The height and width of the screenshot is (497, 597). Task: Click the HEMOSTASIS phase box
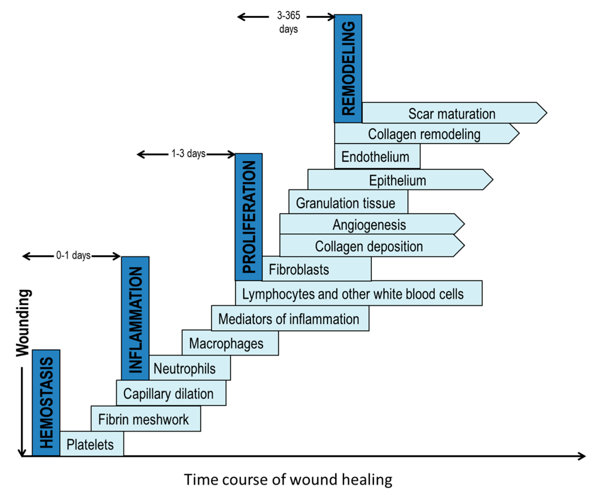pyautogui.click(x=46, y=402)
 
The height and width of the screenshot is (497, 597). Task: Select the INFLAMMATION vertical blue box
pyautogui.click(x=135, y=318)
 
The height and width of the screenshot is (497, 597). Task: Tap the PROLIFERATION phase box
pyautogui.click(x=249, y=217)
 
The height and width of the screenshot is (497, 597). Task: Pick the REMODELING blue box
pyautogui.click(x=348, y=68)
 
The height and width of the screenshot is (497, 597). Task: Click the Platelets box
pyautogui.click(x=91, y=444)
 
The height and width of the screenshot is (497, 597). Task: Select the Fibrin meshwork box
pyautogui.click(x=145, y=419)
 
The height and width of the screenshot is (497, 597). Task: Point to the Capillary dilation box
pyautogui.click(x=171, y=393)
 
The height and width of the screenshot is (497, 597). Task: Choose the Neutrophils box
pyautogui.click(x=189, y=368)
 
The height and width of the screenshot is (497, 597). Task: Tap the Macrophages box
pyautogui.click(x=230, y=343)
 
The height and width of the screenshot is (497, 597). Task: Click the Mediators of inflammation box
pyautogui.click(x=290, y=318)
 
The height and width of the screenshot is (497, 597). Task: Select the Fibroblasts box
pyautogui.click(x=316, y=269)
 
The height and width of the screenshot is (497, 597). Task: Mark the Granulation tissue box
pyautogui.click(x=348, y=203)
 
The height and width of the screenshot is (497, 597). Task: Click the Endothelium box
pyautogui.click(x=377, y=156)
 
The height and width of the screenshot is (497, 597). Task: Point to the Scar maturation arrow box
pyautogui.click(x=452, y=113)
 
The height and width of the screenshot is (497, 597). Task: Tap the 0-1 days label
pyautogui.click(x=73, y=255)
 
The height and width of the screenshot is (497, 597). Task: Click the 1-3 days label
pyautogui.click(x=188, y=153)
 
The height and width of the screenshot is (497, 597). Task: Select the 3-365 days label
pyautogui.click(x=288, y=22)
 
